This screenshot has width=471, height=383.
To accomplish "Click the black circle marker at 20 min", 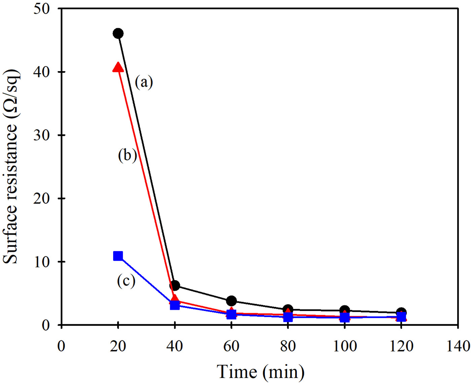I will tap(118, 34).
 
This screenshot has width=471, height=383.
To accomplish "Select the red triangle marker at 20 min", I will tap(118, 67).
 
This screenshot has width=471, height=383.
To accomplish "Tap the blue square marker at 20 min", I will tap(118, 256).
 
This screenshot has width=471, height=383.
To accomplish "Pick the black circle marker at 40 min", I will tap(175, 285).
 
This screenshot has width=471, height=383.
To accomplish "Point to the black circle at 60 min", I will tap(231, 301).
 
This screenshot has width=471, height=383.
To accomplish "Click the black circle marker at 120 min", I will tap(401, 312).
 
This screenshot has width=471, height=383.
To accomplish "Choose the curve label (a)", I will tap(144, 82).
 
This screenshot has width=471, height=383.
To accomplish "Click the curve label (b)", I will tap(127, 155).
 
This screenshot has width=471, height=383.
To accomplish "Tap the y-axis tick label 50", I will tap(43, 9).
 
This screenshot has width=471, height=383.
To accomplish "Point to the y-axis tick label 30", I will tap(43, 135).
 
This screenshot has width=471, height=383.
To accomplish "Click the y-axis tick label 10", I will tap(43, 262).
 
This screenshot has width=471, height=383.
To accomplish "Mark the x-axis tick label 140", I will tap(458, 345).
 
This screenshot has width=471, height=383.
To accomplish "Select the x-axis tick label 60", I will tap(231, 345).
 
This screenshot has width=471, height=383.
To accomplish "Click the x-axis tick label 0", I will tap(61, 345).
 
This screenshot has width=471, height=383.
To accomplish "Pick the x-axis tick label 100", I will tap(344, 345).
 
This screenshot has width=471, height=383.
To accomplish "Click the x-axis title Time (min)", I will tap(260, 372).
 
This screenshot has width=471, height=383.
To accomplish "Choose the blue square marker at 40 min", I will tap(175, 305).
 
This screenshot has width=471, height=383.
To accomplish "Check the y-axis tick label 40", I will tap(43, 72).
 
